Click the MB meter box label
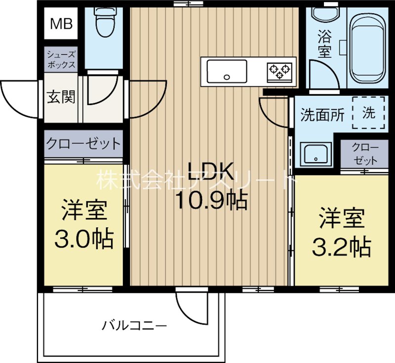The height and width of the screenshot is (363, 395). [x=61, y=24]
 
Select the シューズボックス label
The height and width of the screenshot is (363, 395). [x=61, y=59]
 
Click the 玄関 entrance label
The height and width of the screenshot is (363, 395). [x=61, y=97]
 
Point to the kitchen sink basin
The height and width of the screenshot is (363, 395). [x=227, y=72]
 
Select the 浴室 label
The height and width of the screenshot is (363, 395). [x=324, y=43]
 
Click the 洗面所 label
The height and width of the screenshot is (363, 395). [x=322, y=116]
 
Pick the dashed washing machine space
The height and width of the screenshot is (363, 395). [x=368, y=113]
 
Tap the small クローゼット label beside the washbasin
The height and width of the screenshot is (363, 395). [x=365, y=154]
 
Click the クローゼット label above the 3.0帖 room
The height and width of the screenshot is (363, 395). [x=83, y=144]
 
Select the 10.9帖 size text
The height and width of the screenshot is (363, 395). [x=212, y=201]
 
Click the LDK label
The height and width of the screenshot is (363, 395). [x=211, y=171]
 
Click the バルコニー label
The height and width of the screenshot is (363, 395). [x=134, y=326]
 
